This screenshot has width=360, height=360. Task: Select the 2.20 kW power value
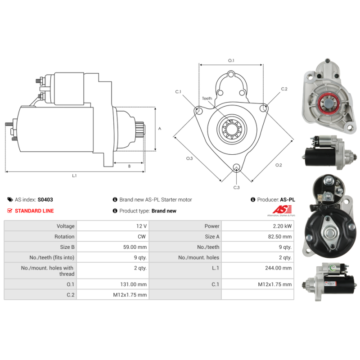[282, 226]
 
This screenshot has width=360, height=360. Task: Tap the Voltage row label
[65, 226]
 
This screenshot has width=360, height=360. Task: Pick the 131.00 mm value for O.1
[135, 284]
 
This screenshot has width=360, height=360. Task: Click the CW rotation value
[142, 236]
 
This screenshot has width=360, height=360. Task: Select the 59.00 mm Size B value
[136, 247]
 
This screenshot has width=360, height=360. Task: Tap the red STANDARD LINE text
[34, 211]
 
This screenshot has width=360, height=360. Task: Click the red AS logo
[282, 209]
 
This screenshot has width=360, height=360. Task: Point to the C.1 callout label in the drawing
[178, 92]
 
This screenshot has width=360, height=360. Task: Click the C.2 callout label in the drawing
[284, 89]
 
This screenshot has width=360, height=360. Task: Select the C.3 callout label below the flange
[236, 187]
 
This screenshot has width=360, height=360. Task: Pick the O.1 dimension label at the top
[231, 60]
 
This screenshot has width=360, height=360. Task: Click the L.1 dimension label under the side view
[75, 176]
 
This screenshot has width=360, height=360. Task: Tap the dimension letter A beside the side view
[160, 129]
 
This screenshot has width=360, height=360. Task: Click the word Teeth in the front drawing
[207, 98]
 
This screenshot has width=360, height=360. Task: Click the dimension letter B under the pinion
[129, 166]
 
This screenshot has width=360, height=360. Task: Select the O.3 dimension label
[189, 158]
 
